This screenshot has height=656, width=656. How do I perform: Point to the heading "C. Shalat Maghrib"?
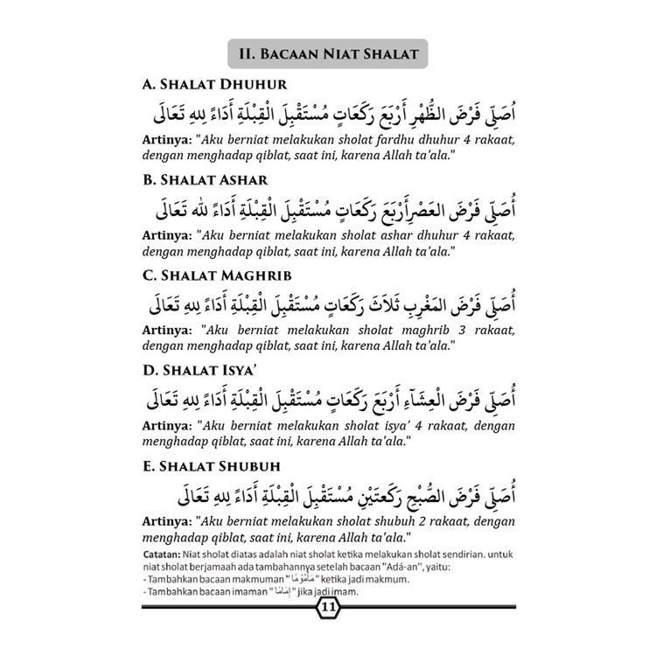[207, 277]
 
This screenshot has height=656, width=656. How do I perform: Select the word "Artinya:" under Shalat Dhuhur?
[166, 140]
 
